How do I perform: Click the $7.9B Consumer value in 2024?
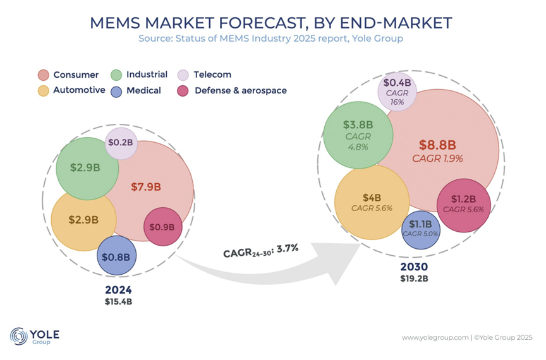pyautogui.click(x=146, y=187)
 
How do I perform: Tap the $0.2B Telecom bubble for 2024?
pyautogui.click(x=121, y=142)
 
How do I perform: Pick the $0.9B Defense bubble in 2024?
pyautogui.click(x=163, y=227)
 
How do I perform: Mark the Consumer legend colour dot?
pyautogui.click(x=44, y=75)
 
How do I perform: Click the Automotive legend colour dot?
pyautogui.click(x=44, y=90)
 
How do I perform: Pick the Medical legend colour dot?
pyautogui.click(x=116, y=91)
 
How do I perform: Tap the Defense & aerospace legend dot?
pyautogui.click(x=184, y=91)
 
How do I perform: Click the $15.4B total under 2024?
pyautogui.click(x=119, y=301)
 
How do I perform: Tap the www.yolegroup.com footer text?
pyautogui.click(x=435, y=338)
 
